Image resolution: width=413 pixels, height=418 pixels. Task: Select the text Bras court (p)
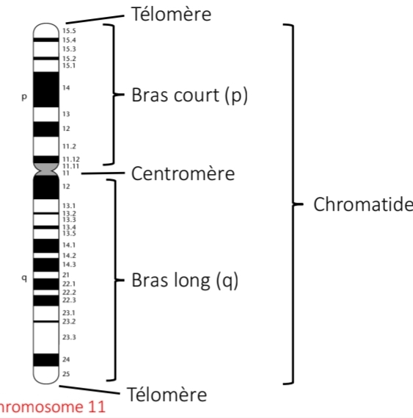click(x=189, y=96)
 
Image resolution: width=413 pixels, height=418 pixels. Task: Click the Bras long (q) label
click(x=185, y=281)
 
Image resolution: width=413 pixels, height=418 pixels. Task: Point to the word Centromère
click(x=183, y=173)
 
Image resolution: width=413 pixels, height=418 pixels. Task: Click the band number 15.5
click(x=69, y=31)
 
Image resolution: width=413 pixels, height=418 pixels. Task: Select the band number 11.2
click(x=69, y=146)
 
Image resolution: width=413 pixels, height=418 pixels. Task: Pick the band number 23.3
click(x=69, y=337)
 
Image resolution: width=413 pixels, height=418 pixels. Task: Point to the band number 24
click(x=66, y=359)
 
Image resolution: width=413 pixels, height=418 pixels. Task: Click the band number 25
click(x=66, y=374)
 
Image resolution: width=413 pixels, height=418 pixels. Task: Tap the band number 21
click(x=66, y=274)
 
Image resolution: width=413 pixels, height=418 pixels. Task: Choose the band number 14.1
click(x=69, y=244)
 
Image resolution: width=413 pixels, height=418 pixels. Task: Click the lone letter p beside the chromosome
click(x=23, y=97)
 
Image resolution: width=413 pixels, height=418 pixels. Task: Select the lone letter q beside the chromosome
click(x=23, y=278)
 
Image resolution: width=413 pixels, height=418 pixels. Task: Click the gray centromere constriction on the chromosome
click(x=45, y=168)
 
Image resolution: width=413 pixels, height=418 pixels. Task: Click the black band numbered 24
click(x=45, y=360)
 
